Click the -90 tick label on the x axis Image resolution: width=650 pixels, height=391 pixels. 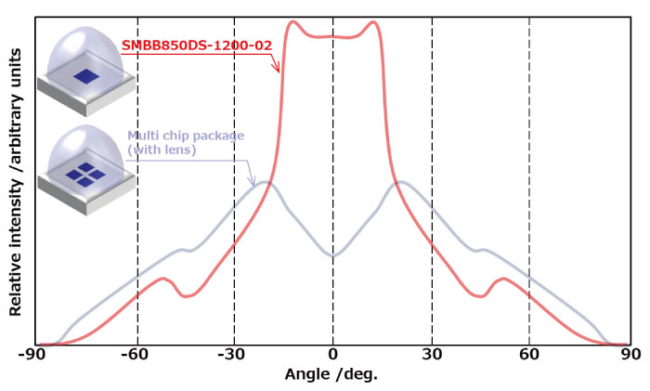[34, 355]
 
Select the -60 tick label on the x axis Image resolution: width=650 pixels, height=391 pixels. [136, 355]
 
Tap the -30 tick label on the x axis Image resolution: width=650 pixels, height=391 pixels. [234, 355]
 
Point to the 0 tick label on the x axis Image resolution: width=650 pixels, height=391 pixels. [333, 355]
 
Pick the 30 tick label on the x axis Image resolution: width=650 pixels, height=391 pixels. [432, 355]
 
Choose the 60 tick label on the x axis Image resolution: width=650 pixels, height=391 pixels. [529, 355]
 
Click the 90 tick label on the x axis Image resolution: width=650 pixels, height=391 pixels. [629, 355]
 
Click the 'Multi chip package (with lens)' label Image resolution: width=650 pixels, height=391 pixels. [185, 142]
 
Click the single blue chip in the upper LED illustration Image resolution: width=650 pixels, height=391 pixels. [86, 76]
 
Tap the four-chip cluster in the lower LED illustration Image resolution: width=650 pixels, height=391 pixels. [84, 174]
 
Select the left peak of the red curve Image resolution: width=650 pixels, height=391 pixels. [292, 22]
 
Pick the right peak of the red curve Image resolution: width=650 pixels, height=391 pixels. [373, 22]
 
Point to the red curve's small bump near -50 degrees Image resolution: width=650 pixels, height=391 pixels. [165, 278]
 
